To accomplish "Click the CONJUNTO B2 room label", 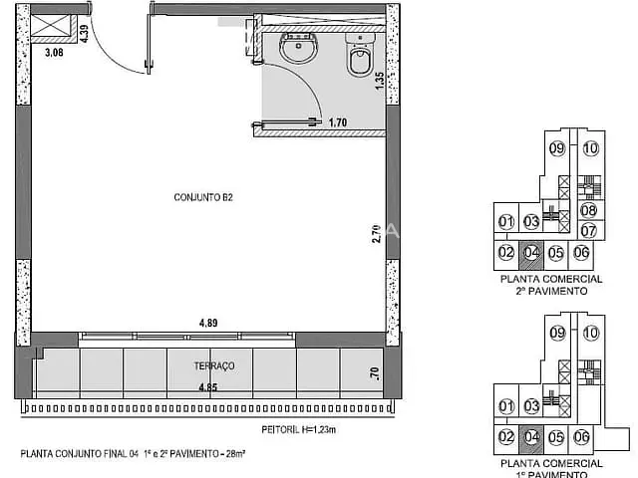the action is [203, 197].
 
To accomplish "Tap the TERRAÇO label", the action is [214, 365].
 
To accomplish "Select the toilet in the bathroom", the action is [361, 56].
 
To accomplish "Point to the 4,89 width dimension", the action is [208, 323].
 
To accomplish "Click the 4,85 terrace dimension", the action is [208, 387].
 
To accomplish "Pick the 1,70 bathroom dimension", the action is [338, 122].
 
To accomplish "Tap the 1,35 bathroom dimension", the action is [379, 81].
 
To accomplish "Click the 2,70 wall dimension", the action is [377, 234].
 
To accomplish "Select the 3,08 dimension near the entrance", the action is [54, 53].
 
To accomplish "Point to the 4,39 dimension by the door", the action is [84, 34].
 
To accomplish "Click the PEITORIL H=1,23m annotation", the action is [299, 429].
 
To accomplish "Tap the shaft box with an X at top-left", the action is [51, 26].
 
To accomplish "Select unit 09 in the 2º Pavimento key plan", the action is [557, 148].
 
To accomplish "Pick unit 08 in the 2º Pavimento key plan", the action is [588, 210].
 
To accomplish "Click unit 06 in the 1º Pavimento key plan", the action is [581, 437].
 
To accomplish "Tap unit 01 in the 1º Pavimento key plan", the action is [506, 405].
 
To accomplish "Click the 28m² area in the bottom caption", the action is [235, 454].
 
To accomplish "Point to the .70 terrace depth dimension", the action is [375, 373].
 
